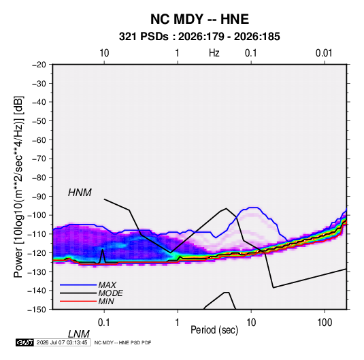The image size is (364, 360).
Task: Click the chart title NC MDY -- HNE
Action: click(x=199, y=19)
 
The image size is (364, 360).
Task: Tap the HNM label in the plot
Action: click(x=80, y=193)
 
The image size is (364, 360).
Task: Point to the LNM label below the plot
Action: click(x=79, y=334)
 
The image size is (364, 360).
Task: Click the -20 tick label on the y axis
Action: click(x=39, y=65)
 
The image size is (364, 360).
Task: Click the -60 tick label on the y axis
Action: click(x=39, y=140)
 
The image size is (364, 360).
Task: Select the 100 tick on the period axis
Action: click(x=325, y=323)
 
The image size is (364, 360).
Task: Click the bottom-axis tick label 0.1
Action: click(x=104, y=323)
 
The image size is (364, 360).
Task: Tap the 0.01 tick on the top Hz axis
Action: click(x=324, y=53)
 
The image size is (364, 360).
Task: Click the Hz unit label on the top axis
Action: click(x=214, y=53)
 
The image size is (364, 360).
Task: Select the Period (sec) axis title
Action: click(x=214, y=330)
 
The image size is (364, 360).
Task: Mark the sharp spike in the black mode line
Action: click(x=102, y=250)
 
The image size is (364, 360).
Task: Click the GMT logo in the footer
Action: click(x=24, y=342)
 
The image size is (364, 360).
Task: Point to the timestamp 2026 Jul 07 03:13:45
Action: click(x=62, y=342)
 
